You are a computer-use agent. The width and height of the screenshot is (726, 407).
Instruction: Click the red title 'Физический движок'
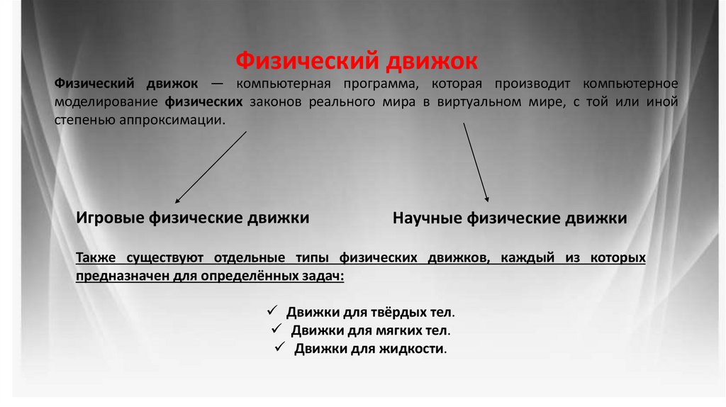pos(356,60)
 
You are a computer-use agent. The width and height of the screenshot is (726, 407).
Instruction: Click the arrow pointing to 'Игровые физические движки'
pos(211,167)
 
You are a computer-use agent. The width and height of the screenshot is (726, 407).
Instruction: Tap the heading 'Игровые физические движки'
pos(192,218)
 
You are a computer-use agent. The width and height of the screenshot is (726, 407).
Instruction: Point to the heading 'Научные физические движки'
pos(509,218)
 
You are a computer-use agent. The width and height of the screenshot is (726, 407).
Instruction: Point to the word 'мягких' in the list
pos(392,330)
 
